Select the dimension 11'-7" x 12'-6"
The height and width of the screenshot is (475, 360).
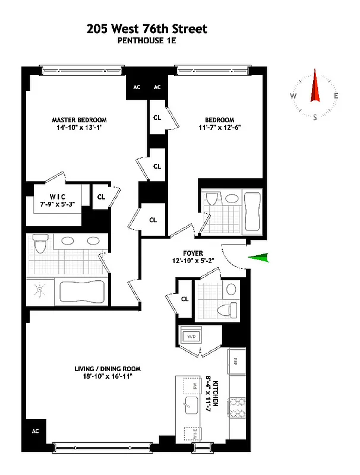(220, 128)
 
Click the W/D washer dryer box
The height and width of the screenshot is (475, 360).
(192, 337)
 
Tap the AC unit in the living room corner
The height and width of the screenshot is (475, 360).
(35, 431)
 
